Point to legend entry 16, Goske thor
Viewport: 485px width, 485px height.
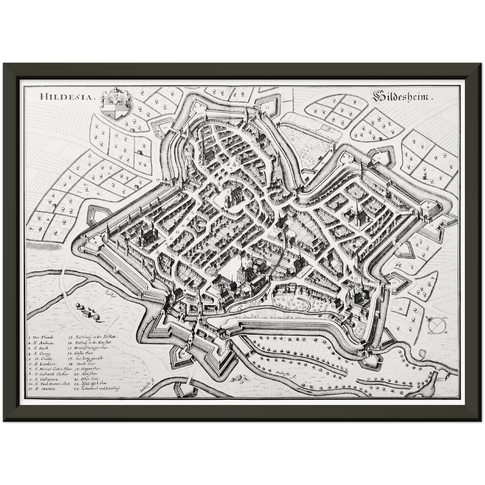pyautogui.click(x=83, y=353)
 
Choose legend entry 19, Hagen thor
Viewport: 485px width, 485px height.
pyautogui.click(x=84, y=369)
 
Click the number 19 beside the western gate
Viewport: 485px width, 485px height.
pyautogui.click(x=158, y=180)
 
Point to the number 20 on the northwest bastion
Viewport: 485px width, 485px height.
pyautogui.click(x=165, y=128)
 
